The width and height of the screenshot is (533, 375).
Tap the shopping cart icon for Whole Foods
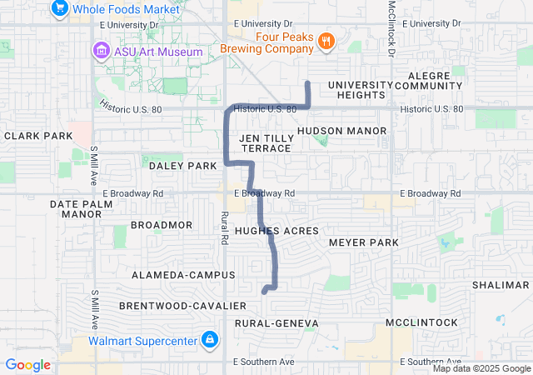[59, 8]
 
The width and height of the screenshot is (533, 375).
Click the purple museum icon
[102, 52]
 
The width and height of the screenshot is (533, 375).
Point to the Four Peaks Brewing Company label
[267, 42]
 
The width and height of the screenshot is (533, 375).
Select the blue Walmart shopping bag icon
[209, 340]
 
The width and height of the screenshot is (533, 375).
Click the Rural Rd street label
[224, 227]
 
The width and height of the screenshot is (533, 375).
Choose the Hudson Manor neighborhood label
[341, 131]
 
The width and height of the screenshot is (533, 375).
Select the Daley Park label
[183, 166]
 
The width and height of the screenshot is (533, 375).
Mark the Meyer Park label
[363, 242]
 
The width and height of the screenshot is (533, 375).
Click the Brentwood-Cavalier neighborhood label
[182, 306]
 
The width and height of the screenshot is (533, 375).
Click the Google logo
[28, 365]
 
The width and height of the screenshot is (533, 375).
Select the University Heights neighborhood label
[360, 90]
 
